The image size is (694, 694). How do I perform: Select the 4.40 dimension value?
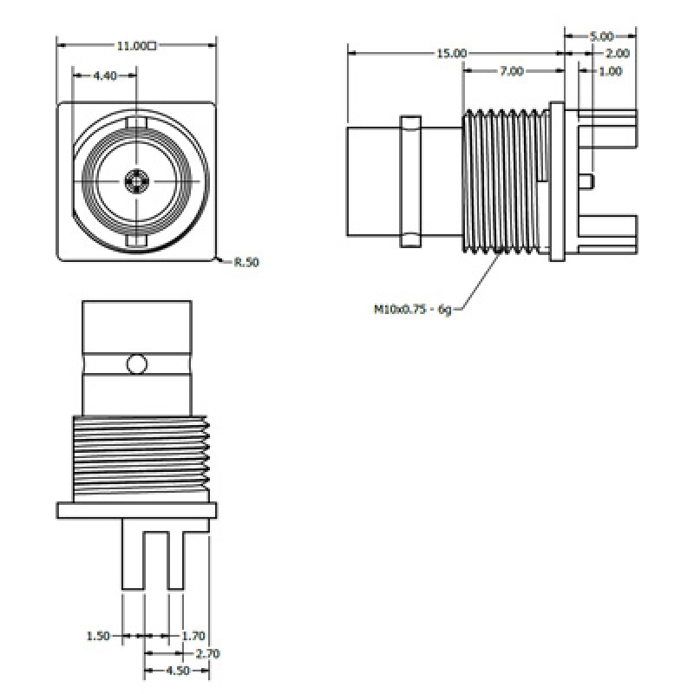tap(104, 76)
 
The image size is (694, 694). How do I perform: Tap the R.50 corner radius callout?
tap(246, 262)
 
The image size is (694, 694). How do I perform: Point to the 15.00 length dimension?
tap(450, 54)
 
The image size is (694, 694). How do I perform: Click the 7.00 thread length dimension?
tap(511, 72)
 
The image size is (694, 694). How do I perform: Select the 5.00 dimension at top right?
tap(601, 36)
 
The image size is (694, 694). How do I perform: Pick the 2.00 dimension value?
tap(617, 54)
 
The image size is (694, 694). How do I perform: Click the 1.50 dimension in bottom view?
tap(98, 636)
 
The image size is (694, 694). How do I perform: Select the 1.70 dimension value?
tap(193, 636)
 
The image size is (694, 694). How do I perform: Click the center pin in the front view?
tap(136, 180)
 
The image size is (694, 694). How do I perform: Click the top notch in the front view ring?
tap(136, 121)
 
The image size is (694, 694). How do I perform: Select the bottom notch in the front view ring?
tap(136, 239)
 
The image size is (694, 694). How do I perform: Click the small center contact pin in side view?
tap(587, 180)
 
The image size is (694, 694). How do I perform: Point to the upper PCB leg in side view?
tap(606, 115)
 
